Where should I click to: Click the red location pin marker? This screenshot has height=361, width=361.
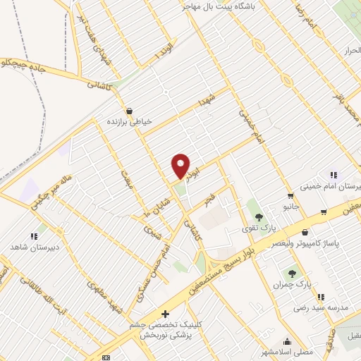point(181,166)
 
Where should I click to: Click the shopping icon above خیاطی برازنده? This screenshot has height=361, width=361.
point(129,110)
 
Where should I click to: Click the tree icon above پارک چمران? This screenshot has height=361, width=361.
point(292,272)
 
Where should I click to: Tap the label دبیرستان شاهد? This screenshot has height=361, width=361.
point(27,248)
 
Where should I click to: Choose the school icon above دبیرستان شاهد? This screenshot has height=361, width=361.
point(32,236)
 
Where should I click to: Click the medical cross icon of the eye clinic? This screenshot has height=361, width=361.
point(165,313)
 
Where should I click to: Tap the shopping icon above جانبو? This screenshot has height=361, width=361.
point(290,195)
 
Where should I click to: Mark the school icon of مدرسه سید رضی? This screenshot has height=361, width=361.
point(321,297)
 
